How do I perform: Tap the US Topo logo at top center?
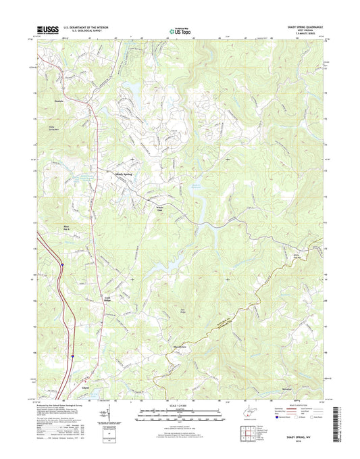coord(180,30)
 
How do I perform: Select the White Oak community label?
coord(159,209)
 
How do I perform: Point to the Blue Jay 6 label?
coord(66,227)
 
